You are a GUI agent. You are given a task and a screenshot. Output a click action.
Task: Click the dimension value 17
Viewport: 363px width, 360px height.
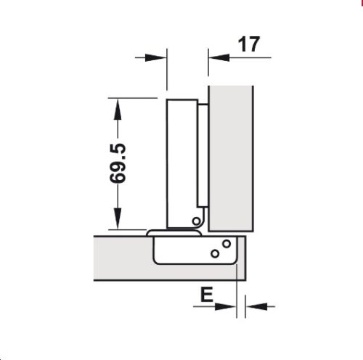[249, 45]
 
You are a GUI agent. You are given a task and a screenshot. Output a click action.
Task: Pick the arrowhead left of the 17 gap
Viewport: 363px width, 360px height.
[160, 57]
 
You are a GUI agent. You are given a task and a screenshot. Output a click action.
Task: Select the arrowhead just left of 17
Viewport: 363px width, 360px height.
[217, 57]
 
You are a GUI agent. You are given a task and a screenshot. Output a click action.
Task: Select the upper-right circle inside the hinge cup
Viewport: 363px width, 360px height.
[227, 243]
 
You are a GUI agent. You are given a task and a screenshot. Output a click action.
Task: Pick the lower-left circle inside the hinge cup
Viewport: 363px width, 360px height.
[215, 253]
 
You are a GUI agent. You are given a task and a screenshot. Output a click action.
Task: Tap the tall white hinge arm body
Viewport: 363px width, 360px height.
[181, 160]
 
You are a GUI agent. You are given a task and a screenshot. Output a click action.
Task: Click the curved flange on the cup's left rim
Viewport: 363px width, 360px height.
[152, 234]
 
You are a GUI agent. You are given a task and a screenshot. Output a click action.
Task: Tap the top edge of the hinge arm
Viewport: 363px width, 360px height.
[182, 99]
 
